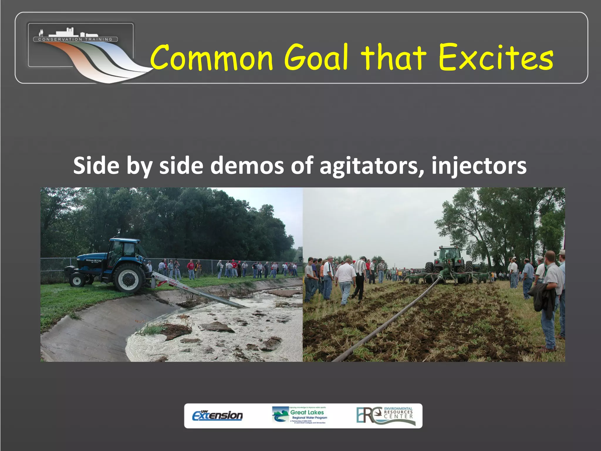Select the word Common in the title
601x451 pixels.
212,58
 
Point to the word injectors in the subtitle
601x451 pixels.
479,166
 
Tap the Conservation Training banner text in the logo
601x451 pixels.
75,39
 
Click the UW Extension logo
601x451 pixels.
217,415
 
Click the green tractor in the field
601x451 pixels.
449,261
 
